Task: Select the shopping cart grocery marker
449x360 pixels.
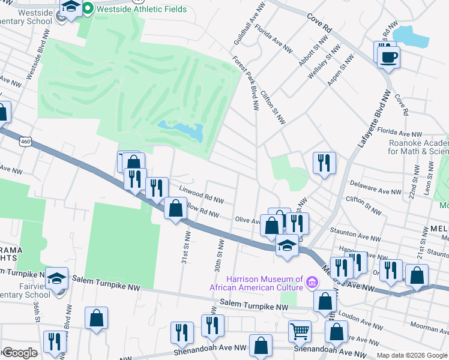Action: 299,331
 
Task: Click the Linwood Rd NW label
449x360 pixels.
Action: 202,194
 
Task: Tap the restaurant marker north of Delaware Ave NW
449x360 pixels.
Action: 324,163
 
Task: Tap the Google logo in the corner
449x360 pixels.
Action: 20,353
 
